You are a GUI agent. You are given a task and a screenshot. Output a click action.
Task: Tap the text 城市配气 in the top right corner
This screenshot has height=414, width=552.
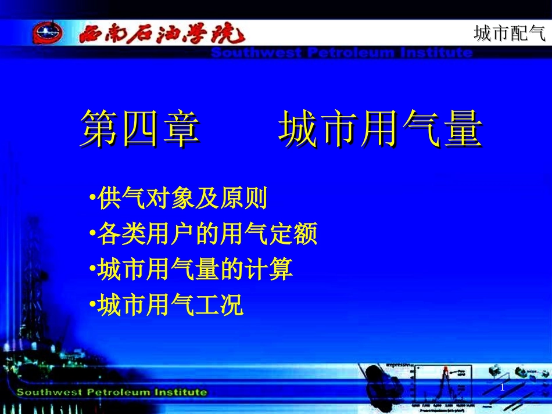pyautogui.click(x=510, y=34)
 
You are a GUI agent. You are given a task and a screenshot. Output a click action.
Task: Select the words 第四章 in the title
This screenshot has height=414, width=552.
pyautogui.click(x=140, y=128)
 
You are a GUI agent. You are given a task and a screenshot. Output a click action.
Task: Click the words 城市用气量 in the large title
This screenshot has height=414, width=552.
pyautogui.click(x=381, y=128)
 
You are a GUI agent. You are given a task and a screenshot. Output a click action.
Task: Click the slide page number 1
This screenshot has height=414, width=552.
pyautogui.click(x=502, y=387)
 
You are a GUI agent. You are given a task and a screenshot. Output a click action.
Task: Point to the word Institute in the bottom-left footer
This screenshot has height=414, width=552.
pyautogui.click(x=180, y=392)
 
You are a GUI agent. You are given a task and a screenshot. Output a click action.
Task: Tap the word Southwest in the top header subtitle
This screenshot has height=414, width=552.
pyautogui.click(x=256, y=53)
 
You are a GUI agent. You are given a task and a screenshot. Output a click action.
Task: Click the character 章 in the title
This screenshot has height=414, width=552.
pyautogui.click(x=180, y=128)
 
